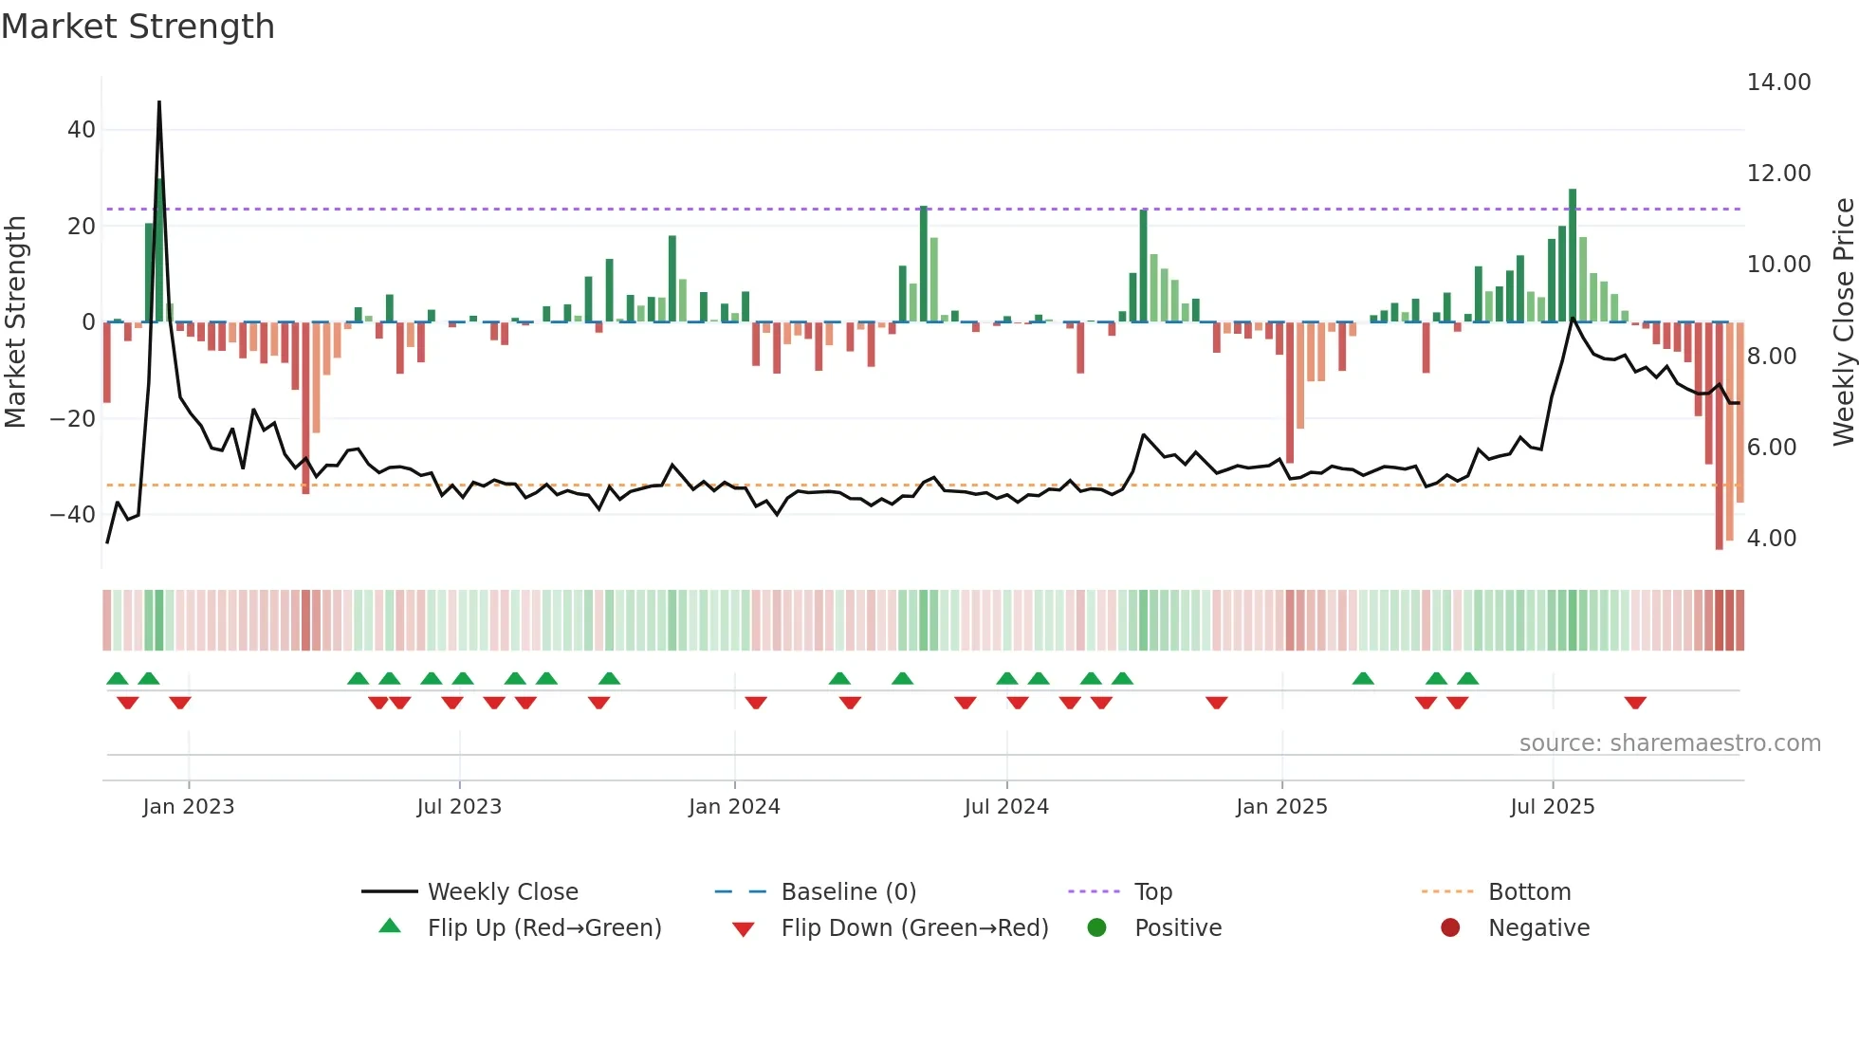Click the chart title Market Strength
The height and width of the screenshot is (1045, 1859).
(138, 27)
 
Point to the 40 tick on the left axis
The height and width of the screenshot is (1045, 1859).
(82, 130)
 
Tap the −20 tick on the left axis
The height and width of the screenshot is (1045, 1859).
(73, 418)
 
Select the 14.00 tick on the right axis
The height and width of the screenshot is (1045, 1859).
(1778, 82)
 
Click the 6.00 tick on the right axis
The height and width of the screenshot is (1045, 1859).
(1771, 448)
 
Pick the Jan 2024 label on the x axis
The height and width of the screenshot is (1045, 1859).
(734, 807)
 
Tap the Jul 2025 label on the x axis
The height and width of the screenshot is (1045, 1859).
(1553, 807)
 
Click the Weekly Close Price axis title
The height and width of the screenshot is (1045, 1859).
(1843, 322)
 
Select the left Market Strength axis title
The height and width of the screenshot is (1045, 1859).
(15, 322)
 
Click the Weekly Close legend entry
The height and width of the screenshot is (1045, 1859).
(502, 892)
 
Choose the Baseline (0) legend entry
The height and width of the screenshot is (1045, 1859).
(848, 892)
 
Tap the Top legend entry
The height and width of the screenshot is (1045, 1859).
(1152, 892)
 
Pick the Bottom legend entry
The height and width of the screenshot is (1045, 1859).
(1529, 892)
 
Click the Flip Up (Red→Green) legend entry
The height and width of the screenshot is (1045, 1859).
(543, 928)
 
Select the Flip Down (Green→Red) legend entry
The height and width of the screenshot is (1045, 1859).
(914, 928)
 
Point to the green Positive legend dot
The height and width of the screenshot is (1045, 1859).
(1097, 928)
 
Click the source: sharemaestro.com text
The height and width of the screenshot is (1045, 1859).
(1669, 743)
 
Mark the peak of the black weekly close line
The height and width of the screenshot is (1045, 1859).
(159, 102)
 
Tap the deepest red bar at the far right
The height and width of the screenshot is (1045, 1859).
(1719, 436)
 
